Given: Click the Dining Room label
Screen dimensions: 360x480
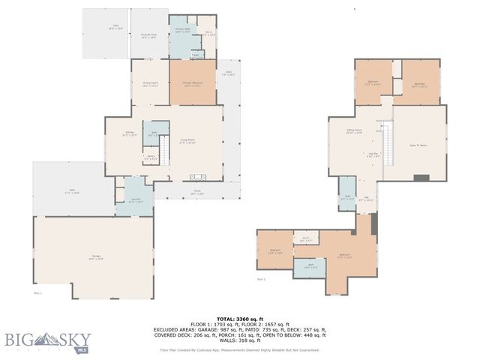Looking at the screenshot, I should point(150,84).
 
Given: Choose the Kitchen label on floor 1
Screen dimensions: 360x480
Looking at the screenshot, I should point(129,134).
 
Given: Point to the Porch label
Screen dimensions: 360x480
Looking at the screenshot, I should point(196,192).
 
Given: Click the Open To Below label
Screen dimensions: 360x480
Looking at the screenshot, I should point(418,145).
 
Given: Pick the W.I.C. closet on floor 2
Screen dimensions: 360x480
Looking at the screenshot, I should point(305,239).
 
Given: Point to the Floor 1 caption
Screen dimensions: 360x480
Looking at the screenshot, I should point(37,293).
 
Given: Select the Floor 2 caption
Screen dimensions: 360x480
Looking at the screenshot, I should point(262,279).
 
